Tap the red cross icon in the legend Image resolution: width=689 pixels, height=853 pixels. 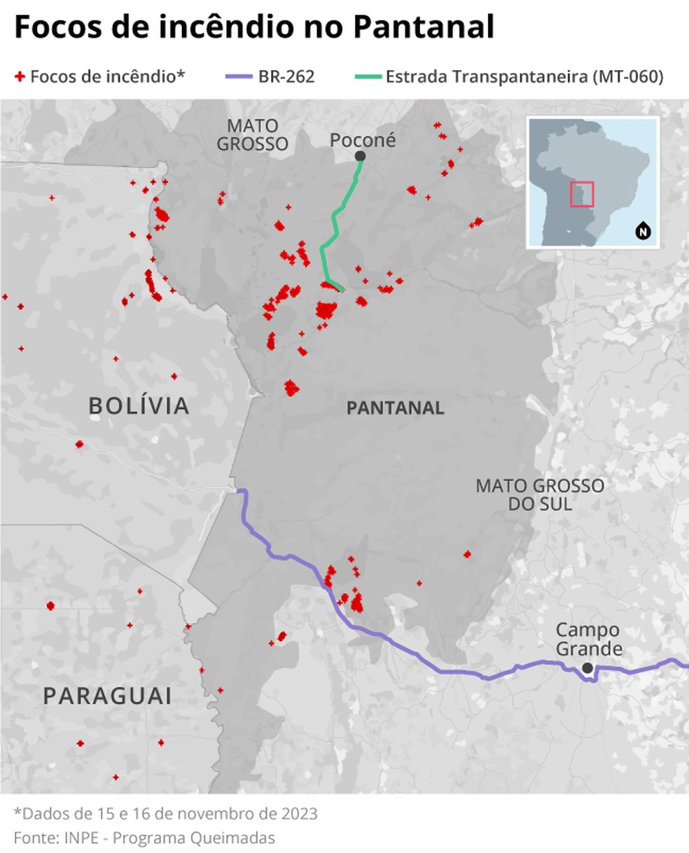[20, 76]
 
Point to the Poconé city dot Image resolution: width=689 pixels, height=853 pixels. [360, 155]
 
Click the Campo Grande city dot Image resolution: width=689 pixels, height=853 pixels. [587, 668]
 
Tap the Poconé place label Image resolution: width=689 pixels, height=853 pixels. [363, 140]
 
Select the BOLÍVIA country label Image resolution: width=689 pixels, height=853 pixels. [139, 405]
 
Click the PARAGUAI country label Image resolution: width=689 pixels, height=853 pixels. [107, 695]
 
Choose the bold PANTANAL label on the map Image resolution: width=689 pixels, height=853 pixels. [395, 408]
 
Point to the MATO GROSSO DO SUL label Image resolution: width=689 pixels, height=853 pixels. [540, 494]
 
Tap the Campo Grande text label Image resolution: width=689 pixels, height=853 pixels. [589, 639]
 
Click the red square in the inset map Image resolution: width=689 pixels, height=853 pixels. [582, 194]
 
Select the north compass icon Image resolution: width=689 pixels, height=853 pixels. [642, 230]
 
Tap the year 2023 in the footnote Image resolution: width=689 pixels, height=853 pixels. [299, 814]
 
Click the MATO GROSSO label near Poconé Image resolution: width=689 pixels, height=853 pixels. [252, 135]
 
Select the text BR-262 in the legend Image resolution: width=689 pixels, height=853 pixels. [286, 76]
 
